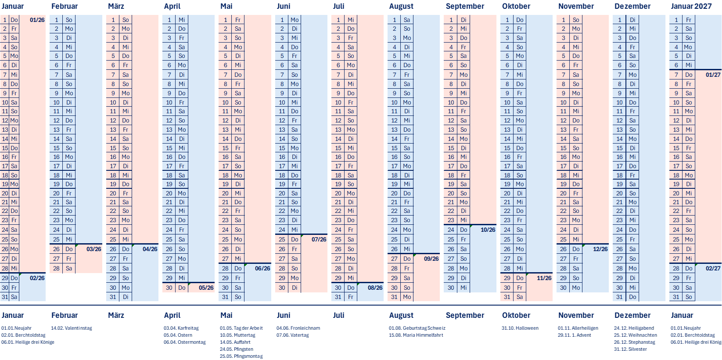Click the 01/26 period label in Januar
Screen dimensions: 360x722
tap(37, 20)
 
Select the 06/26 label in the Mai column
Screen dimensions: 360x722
tap(262, 268)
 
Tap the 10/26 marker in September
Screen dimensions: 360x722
tap(488, 230)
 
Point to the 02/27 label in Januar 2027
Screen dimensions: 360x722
tap(713, 268)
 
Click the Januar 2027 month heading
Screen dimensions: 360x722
tap(691, 6)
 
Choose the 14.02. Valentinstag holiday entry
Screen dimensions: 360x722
tap(72, 328)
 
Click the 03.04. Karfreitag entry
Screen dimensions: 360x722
tap(181, 328)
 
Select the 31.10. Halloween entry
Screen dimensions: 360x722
tap(520, 328)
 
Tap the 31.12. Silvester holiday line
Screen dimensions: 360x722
tap(630, 349)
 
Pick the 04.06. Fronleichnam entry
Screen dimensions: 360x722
tap(298, 328)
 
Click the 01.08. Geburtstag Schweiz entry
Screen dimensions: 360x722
tap(417, 328)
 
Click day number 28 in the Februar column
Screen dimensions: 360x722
tap(56, 268)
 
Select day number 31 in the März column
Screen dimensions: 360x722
tap(113, 297)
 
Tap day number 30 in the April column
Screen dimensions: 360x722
tap(169, 288)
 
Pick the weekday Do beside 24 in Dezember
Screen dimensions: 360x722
tap(632, 230)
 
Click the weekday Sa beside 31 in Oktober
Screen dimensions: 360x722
tap(520, 297)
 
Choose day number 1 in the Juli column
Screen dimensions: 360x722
tap(338, 20)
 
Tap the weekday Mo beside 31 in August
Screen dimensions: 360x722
tap(407, 297)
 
